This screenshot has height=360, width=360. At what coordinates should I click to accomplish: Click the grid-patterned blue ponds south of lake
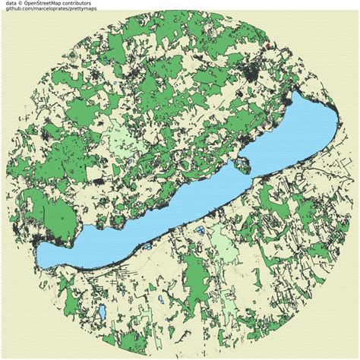199,230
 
